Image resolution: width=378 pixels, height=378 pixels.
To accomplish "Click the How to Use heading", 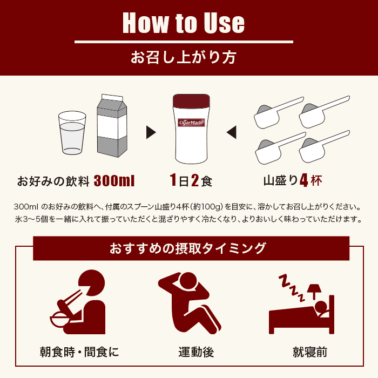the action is coord(184,23).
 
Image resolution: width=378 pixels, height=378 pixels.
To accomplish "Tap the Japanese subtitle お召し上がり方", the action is coord(183,57).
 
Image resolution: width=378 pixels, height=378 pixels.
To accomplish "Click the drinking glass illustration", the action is coord(72,133).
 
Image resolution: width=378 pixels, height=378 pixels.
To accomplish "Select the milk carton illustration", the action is coord(112,126).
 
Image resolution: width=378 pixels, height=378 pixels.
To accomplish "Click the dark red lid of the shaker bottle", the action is coord(191,101).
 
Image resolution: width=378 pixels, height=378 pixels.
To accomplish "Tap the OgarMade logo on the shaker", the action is coord(191,123).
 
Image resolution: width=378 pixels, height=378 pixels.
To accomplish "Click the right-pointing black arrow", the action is coord(151,132).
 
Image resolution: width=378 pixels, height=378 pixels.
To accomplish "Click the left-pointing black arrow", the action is coord(232,132).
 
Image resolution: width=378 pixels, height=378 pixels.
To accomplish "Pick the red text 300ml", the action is coord(114,181).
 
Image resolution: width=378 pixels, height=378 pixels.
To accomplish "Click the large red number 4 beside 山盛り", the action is coord(304,180).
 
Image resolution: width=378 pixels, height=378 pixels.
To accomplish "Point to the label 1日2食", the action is coord(191,180).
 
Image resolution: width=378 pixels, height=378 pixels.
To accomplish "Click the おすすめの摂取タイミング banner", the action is coord(191,248).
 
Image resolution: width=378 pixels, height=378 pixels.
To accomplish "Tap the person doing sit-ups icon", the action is coord(190,303).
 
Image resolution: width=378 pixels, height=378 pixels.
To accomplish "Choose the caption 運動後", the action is coord(196,352).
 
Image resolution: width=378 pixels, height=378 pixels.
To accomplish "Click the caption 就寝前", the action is coord(310,352).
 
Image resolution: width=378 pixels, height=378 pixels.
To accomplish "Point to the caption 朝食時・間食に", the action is coord(79,352).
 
